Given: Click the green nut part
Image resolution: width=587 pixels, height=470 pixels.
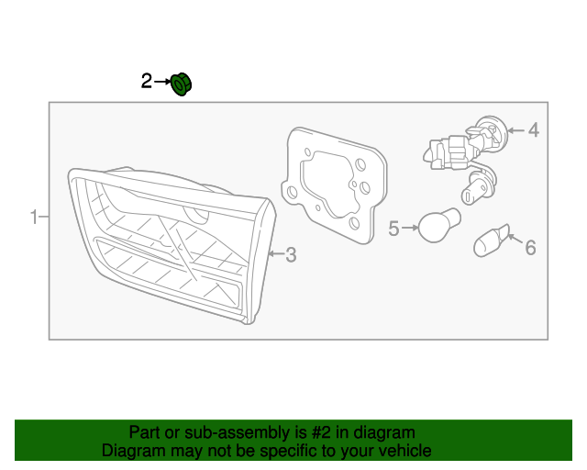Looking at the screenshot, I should (182, 84).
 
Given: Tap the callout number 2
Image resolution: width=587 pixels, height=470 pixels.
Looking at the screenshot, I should (147, 83).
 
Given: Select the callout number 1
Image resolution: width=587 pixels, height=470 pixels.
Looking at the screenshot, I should (33, 218).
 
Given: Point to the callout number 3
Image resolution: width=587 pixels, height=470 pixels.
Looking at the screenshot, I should (291, 254).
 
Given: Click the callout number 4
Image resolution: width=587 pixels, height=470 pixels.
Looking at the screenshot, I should (533, 130).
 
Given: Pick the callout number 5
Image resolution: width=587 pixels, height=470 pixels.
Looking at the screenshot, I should (393, 229).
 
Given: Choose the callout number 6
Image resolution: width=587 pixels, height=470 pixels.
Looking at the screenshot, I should (529, 246).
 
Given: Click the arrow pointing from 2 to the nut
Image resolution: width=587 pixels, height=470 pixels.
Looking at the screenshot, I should (162, 83).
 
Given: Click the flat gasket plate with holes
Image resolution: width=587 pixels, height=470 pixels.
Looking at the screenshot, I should (335, 184).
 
